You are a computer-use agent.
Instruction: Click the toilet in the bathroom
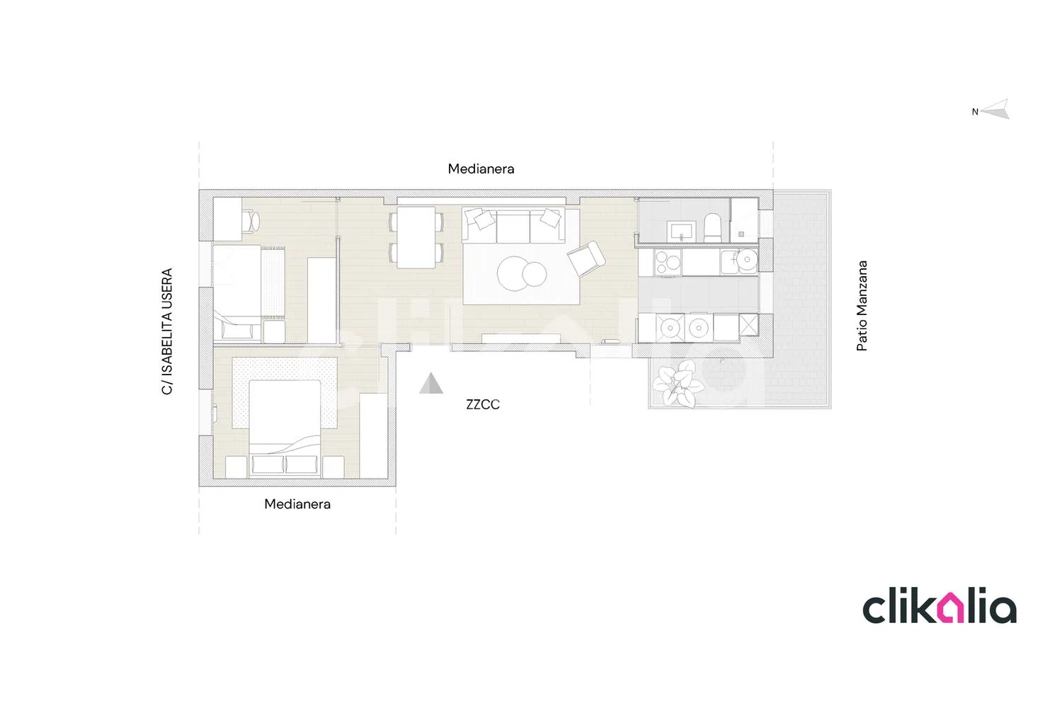tap(712, 228)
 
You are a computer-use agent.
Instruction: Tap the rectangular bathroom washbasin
tap(681, 232)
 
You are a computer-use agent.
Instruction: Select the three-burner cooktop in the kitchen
tap(668, 262)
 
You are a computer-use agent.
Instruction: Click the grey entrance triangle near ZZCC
tap(431, 384)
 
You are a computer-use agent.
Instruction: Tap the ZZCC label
tap(483, 404)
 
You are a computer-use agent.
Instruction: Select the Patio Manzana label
tap(862, 306)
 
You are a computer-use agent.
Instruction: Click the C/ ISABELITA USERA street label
tap(167, 331)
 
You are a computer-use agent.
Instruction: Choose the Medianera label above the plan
tap(481, 169)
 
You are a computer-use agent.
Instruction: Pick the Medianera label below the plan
tap(297, 504)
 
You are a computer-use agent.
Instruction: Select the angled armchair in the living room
tap(586, 258)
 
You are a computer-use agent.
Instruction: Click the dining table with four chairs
tap(416, 237)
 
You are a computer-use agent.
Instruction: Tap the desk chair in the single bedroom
tap(251, 221)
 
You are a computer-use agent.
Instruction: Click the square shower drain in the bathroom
tap(741, 234)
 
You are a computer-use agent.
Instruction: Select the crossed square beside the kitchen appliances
tap(749, 325)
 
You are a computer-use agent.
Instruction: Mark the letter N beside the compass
tap(975, 112)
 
